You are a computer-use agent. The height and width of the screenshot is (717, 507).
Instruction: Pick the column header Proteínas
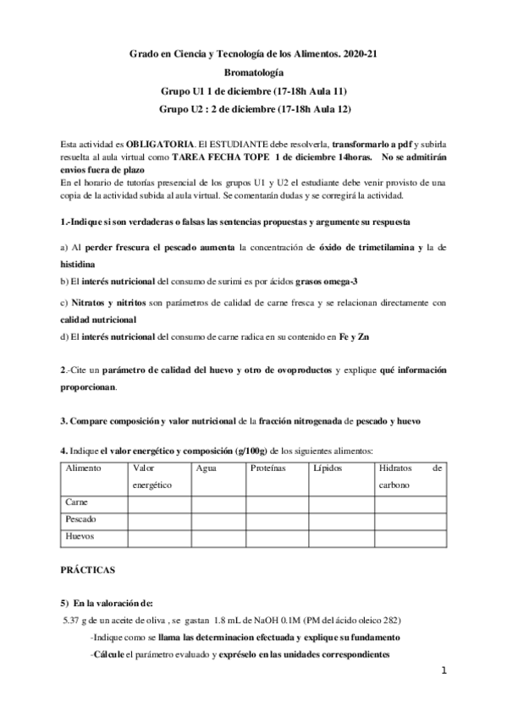(268, 468)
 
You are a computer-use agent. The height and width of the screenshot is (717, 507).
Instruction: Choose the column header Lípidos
(328, 468)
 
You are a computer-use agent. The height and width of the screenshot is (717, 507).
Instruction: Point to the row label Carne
(79, 503)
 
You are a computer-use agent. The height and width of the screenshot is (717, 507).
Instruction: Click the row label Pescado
(83, 520)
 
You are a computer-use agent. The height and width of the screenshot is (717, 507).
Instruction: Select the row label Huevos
(81, 537)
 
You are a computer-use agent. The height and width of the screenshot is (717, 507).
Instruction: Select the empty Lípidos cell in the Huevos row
(340, 538)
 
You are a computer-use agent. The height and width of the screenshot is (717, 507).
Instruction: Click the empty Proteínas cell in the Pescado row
(279, 521)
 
